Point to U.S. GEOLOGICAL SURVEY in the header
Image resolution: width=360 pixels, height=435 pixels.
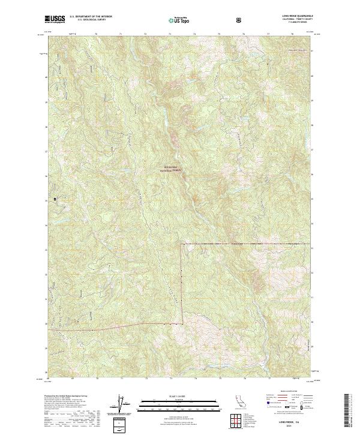(88, 21)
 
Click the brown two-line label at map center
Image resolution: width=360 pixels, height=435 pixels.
(172, 169)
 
